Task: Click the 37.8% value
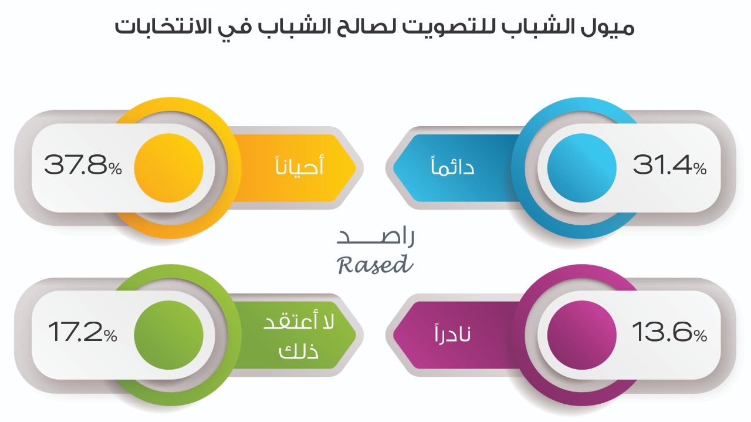pos(83,165)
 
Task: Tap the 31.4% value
pos(669,165)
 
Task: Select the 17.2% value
pos(83,332)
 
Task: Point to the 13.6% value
pos(669,332)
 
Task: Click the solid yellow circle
pos(168,168)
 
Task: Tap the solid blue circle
pos(581,168)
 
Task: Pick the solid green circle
pos(168,335)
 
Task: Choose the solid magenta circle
pos(581,335)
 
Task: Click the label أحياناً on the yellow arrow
pos(299,164)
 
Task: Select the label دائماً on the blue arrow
pos(452,165)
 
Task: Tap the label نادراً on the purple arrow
pos(452,333)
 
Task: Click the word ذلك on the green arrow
pos(299,351)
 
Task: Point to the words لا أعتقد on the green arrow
pos(299,321)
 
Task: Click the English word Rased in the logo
pos(375,265)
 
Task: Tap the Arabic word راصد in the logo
pos(375,237)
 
